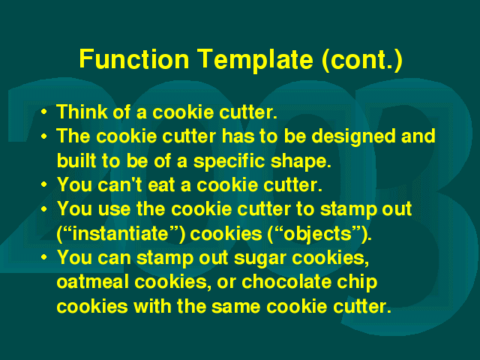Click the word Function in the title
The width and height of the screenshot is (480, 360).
[134, 58]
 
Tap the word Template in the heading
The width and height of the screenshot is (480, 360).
[255, 60]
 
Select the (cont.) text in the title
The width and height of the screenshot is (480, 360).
[362, 60]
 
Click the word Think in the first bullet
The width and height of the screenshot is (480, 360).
[82, 112]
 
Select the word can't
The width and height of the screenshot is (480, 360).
[120, 184]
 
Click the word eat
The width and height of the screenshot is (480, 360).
[162, 185]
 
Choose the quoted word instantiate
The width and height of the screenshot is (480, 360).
[121, 233]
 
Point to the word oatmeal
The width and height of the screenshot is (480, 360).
[92, 282]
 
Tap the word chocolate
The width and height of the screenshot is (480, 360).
[286, 282]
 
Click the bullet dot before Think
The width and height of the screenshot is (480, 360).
[44, 112]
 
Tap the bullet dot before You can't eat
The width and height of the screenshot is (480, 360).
[44, 185]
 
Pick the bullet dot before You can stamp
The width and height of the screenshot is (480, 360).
[44, 257]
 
